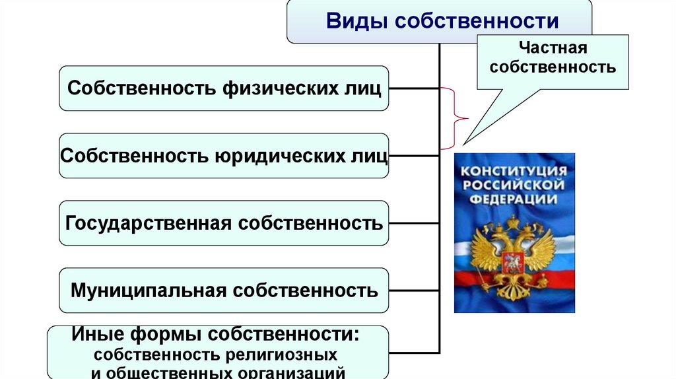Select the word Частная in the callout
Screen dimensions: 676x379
pos(553,48)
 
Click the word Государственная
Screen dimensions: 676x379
pos(149,223)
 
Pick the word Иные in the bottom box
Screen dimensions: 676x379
pos(98,333)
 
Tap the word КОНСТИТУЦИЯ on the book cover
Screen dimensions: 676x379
pos(514,171)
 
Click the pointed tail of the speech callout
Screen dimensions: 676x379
pos(463,145)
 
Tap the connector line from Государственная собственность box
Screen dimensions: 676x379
pos(414,223)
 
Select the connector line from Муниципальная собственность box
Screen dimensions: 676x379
pos(414,291)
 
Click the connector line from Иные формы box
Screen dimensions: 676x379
pos(414,353)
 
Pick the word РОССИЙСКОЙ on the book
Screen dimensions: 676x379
pos(513,186)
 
